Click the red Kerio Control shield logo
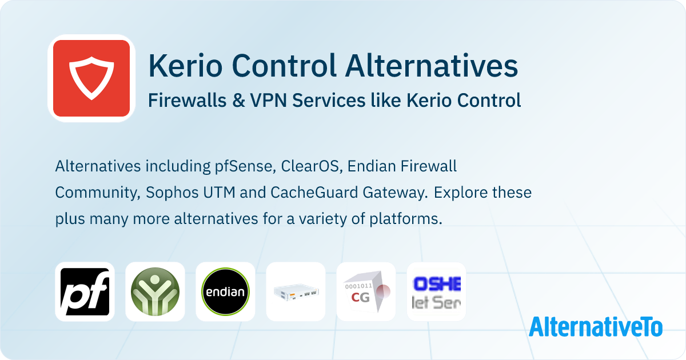pyautogui.click(x=91, y=78)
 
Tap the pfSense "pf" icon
pyautogui.click(x=85, y=291)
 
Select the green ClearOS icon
pyautogui.click(x=155, y=291)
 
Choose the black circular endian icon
pyautogui.click(x=225, y=291)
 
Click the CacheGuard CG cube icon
pyautogui.click(x=366, y=291)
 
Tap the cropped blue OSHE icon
pyautogui.click(x=436, y=291)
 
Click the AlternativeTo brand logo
pyautogui.click(x=595, y=326)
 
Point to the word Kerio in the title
pyautogui.click(x=181, y=66)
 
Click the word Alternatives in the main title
pyautogui.click(x=431, y=66)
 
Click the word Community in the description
pyautogui.click(x=94, y=193)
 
